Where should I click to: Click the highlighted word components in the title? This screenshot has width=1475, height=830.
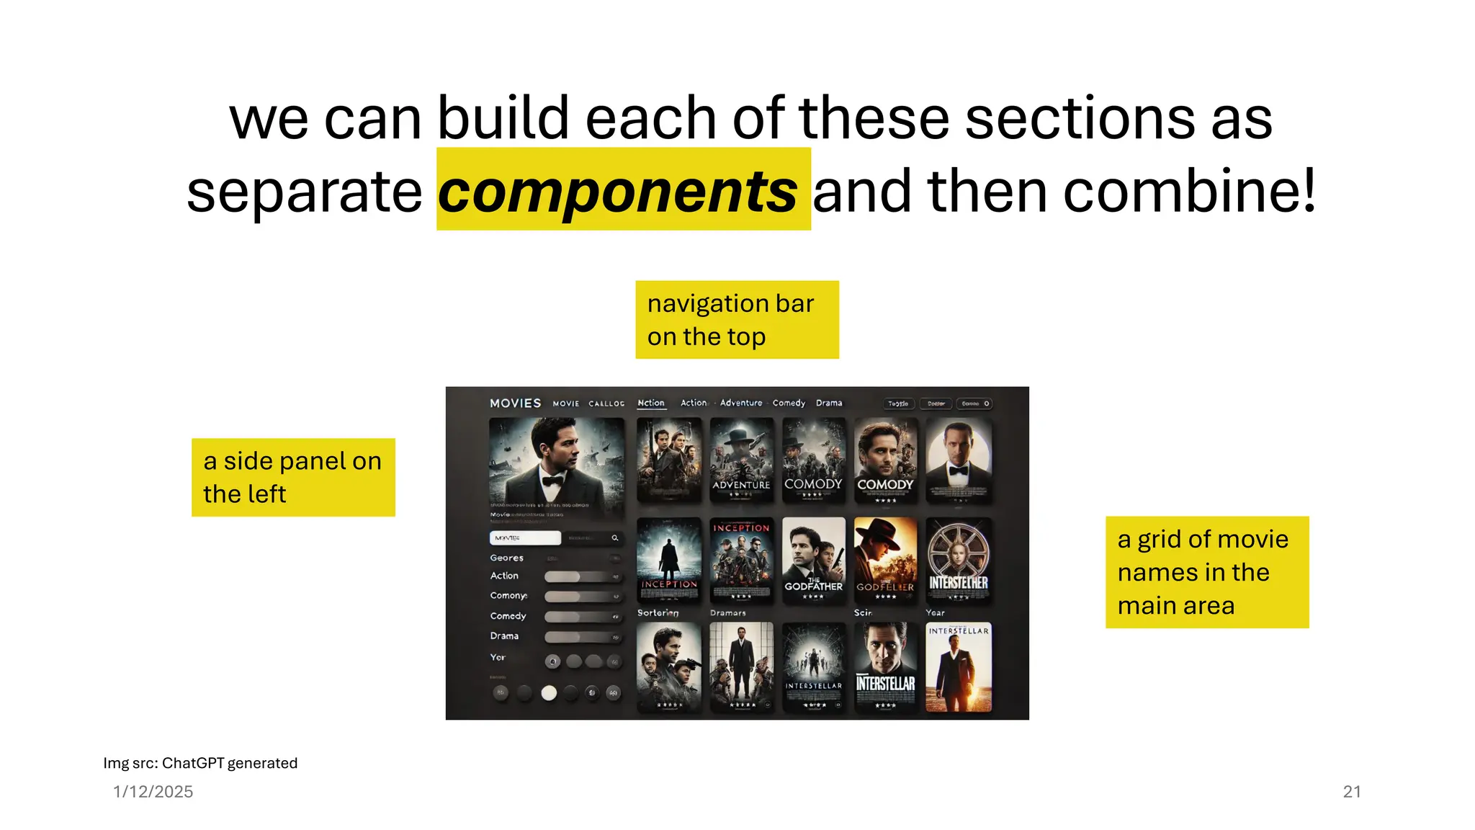(x=618, y=191)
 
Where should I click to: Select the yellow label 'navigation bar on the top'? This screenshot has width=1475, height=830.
(x=737, y=320)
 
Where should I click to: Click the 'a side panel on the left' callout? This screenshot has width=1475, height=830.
(x=293, y=477)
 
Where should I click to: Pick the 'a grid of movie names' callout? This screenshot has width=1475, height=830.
(x=1207, y=572)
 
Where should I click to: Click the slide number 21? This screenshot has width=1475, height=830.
(x=1352, y=791)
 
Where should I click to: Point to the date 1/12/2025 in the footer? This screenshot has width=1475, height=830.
(x=153, y=791)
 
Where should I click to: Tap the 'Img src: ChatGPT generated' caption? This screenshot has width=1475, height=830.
(x=200, y=763)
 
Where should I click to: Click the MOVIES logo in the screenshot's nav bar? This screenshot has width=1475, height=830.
(x=515, y=403)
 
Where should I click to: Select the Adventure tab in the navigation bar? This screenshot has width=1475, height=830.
(x=741, y=403)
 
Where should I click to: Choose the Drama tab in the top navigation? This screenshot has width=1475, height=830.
(x=829, y=403)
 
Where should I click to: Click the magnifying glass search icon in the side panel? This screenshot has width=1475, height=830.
(x=615, y=538)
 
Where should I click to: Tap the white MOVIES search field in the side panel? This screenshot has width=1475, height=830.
(x=525, y=538)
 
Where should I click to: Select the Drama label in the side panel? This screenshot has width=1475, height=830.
(x=504, y=636)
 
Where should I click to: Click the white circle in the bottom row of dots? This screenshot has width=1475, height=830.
(x=549, y=693)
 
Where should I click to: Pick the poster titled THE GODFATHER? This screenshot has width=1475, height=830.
(x=813, y=560)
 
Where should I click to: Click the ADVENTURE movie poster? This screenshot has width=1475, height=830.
(x=741, y=460)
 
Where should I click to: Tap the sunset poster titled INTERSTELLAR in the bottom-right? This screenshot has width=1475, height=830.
(x=958, y=667)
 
